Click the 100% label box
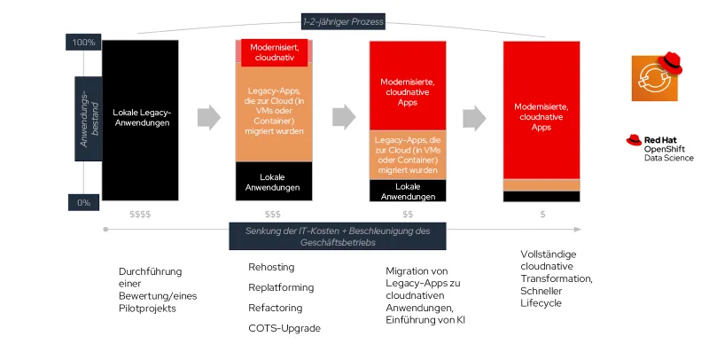[83, 43]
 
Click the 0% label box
[83, 202]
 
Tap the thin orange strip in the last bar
[541, 185]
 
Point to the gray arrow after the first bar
[208, 117]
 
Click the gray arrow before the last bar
[475, 117]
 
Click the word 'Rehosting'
[271, 267]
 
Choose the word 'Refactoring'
[276, 308]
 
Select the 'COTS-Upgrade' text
[284, 328]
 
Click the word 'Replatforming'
[281, 287]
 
